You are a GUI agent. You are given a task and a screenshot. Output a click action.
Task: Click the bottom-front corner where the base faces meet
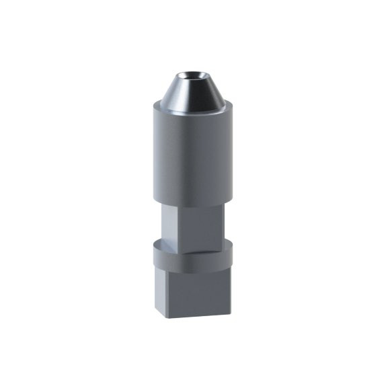point(170,316)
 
